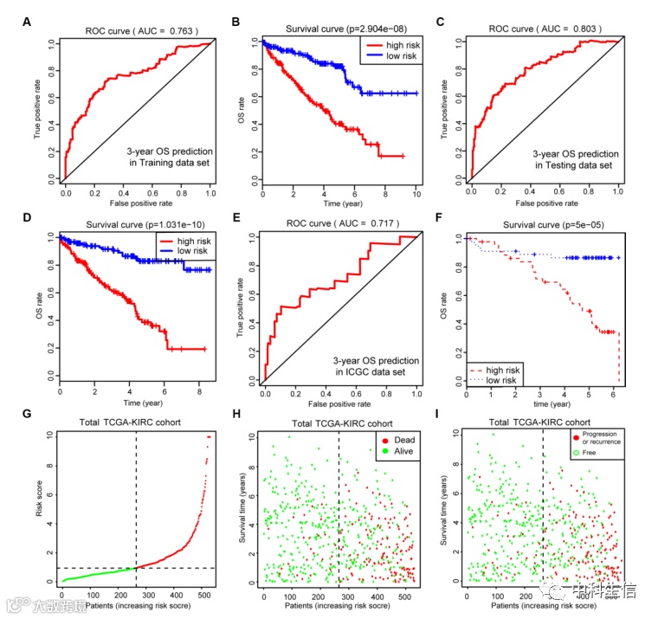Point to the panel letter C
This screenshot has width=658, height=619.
coord(441,22)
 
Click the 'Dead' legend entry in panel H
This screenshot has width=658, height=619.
coord(400,439)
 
